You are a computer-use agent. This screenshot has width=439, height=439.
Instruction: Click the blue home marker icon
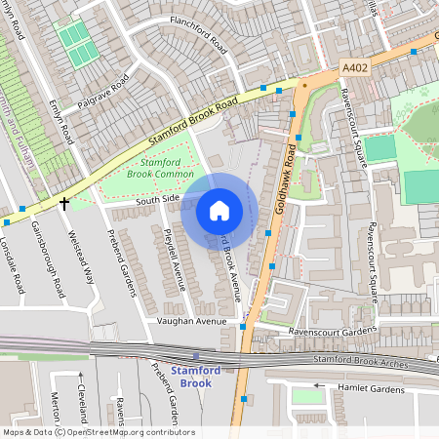point(219,211)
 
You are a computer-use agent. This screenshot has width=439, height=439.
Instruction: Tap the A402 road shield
point(356,67)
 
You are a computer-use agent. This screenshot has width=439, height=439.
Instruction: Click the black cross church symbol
point(64,203)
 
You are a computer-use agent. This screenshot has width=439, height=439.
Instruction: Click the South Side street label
point(157,199)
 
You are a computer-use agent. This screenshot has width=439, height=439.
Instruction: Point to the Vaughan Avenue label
point(191,321)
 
